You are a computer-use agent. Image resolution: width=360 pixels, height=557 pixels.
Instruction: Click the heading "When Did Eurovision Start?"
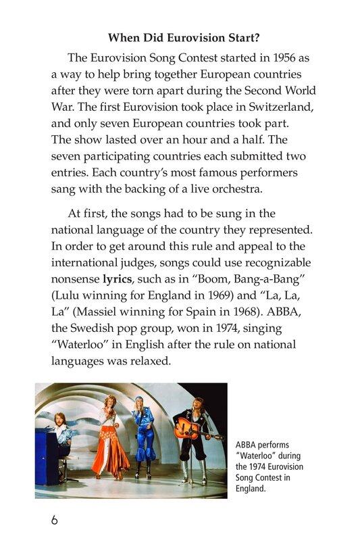click(x=184, y=38)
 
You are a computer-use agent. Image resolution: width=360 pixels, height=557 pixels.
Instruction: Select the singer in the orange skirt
click(x=108, y=439)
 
